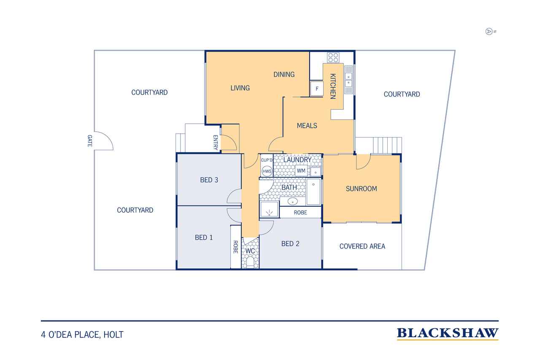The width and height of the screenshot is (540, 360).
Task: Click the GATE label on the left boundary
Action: [90, 141]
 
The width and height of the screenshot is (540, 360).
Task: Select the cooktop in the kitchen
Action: [333, 58]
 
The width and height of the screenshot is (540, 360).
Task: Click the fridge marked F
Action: [317, 89]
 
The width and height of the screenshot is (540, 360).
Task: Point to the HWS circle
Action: [267, 171]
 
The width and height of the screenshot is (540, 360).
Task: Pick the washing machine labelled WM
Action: [301, 171]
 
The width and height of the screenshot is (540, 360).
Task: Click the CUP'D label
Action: [267, 160]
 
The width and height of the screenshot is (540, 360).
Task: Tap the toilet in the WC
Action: [250, 262]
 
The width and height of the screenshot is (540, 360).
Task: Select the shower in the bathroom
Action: [269, 209]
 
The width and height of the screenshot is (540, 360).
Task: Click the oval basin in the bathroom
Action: [293, 201]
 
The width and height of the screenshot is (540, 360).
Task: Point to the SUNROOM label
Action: [362, 189]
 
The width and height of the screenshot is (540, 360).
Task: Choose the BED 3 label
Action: [209, 180]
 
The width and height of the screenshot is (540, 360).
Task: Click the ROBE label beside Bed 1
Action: [235, 247]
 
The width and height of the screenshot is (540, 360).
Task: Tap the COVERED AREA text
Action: [362, 246]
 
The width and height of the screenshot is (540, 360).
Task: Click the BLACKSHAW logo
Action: [448, 334]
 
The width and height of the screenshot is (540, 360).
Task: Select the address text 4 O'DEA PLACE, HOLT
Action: [82, 335]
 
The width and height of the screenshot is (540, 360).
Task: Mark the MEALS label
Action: [307, 126]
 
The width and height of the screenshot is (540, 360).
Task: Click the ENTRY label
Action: [216, 143]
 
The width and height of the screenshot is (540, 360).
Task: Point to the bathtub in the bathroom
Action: [313, 192]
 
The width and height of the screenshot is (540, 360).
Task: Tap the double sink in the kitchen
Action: [348, 80]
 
